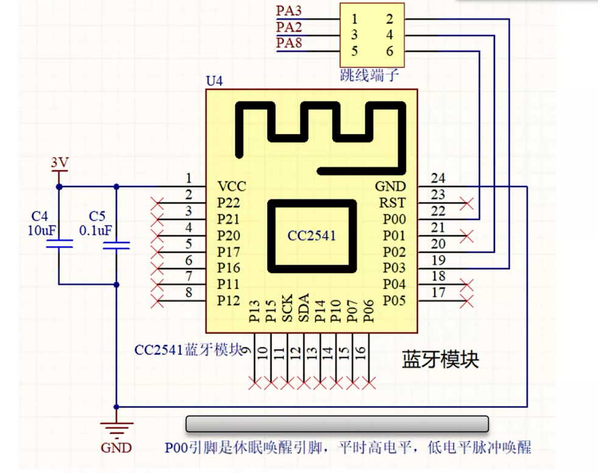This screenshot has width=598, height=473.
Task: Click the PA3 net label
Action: coord(289,11)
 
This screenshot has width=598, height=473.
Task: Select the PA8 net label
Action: coord(289,43)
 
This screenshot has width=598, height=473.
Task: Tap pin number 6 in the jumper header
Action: coord(390,51)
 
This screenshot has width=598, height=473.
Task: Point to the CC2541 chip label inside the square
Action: coord(311,235)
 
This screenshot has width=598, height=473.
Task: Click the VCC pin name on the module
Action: coord(232,187)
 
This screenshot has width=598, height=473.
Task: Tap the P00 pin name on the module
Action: coord(394,219)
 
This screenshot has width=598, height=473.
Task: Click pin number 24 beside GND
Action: coord(438,179)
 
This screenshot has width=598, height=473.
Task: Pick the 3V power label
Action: coord(59,163)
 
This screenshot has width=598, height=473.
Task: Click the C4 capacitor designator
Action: coord(40,216)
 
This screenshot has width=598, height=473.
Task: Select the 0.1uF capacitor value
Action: coord(96,230)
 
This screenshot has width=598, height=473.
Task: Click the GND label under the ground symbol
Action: coord(116,448)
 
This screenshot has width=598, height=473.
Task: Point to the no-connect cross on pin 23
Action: coord(467,203)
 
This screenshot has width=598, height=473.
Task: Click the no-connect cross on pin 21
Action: coord(467,235)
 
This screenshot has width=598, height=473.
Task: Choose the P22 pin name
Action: coord(228,203)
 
